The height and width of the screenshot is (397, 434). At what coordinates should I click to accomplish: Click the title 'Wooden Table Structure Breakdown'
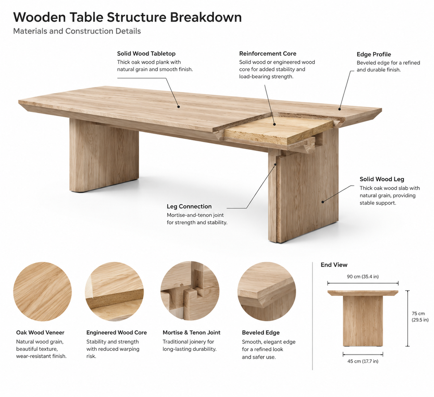(x=127, y=17)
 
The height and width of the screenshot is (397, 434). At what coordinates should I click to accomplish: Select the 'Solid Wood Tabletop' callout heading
(x=146, y=54)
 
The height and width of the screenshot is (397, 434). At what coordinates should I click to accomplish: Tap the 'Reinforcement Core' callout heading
(x=268, y=54)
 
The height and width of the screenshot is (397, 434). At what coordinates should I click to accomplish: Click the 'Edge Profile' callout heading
(x=374, y=54)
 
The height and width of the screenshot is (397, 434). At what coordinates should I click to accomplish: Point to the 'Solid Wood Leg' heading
(x=382, y=179)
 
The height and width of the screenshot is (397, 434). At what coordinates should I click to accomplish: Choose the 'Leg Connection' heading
(x=189, y=206)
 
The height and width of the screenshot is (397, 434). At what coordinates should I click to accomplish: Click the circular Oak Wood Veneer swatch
(x=42, y=291)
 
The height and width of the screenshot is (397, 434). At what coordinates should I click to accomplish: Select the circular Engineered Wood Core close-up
(x=114, y=291)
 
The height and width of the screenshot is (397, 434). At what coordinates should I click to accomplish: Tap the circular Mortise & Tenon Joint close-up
(x=190, y=291)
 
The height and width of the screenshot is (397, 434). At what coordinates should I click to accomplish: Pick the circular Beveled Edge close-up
(x=267, y=291)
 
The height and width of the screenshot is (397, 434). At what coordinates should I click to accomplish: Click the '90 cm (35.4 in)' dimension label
(x=363, y=276)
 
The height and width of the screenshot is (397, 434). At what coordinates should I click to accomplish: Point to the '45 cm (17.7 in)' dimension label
(x=363, y=361)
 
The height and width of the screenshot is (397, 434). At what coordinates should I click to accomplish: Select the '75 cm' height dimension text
(x=418, y=313)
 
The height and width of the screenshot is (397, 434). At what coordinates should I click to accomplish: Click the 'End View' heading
(x=334, y=265)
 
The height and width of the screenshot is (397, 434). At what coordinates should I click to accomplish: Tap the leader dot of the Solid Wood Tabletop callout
(x=179, y=106)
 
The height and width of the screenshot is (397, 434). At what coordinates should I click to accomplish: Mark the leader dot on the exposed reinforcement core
(x=275, y=124)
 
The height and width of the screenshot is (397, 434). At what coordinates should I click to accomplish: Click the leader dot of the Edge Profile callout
(x=340, y=109)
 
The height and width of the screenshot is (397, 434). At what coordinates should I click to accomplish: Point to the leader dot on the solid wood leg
(x=323, y=202)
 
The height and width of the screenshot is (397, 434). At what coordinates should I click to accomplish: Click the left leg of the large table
(x=104, y=155)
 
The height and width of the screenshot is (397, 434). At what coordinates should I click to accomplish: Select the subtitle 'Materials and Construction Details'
(x=77, y=31)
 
